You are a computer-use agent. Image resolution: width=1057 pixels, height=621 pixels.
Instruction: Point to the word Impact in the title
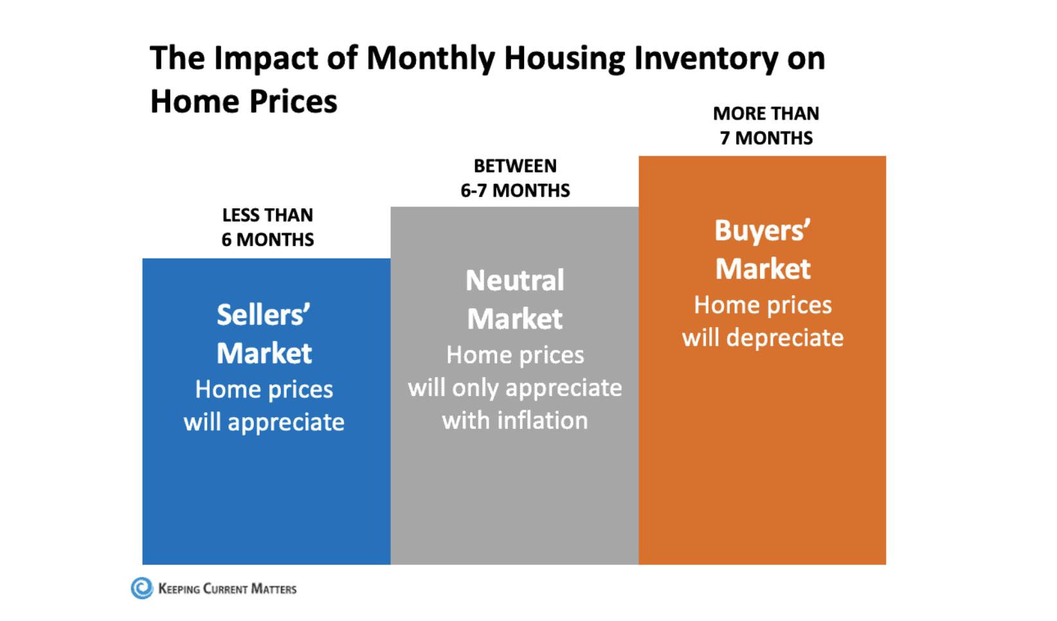pos(266,59)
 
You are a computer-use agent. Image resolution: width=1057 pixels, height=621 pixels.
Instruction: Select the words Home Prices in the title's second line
pos(244,102)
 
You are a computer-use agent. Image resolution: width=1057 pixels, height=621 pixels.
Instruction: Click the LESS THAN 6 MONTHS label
pos(267,227)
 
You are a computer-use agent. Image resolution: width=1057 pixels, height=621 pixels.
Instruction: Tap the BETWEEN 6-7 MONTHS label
pos(515,178)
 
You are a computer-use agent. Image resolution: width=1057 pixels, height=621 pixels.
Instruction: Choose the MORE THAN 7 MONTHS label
pos(766,125)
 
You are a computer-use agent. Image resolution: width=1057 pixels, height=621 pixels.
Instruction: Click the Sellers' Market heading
pos(264,334)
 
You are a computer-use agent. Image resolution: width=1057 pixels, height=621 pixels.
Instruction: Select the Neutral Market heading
pos(515,299)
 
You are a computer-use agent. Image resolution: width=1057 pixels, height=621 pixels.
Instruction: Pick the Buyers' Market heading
pos(763,249)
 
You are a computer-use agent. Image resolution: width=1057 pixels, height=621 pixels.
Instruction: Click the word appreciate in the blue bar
pos(285,422)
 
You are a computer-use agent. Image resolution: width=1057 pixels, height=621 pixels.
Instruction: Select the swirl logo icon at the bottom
pos(141,588)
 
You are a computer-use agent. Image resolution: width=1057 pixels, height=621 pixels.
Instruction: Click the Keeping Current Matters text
pos(227,589)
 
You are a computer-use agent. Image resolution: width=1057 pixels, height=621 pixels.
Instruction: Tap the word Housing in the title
pos(564,59)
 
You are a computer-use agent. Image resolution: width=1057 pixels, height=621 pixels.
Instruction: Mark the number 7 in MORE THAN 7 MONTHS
pos(725,138)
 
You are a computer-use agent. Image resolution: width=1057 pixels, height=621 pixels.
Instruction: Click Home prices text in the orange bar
pos(763,305)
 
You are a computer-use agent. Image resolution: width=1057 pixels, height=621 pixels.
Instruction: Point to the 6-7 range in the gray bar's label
pos(474,191)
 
